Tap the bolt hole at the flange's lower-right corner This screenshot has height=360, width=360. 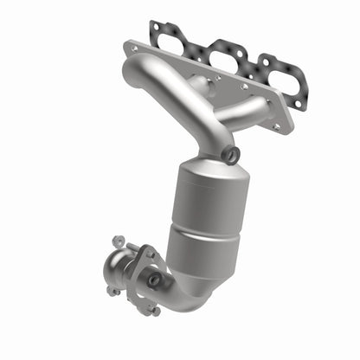coord(278,126)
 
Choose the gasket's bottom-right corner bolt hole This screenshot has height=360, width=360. coord(299,105)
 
